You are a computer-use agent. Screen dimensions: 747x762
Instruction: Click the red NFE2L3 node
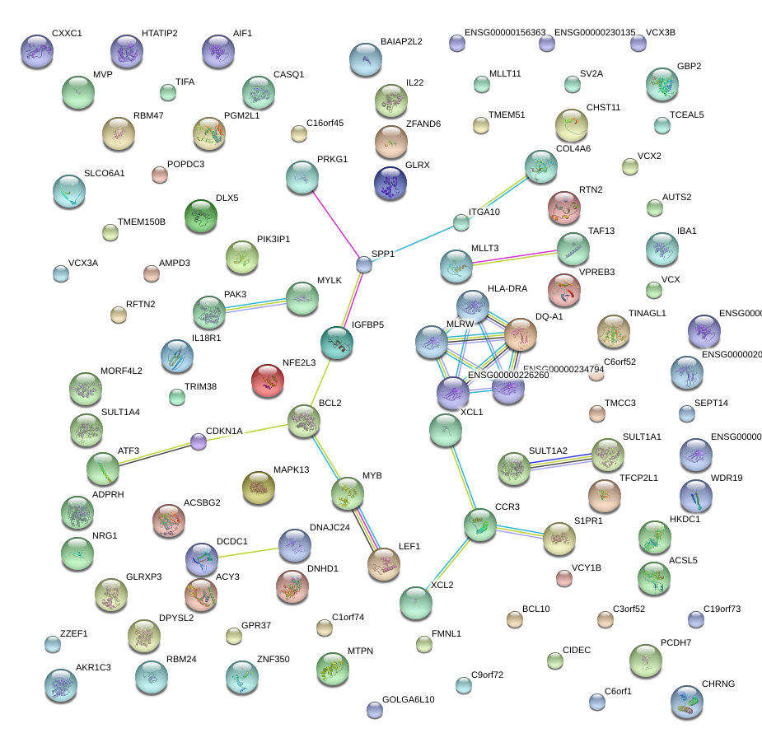(267, 381)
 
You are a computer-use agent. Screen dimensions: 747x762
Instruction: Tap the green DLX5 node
(201, 216)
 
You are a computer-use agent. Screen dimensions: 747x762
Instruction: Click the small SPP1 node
(364, 264)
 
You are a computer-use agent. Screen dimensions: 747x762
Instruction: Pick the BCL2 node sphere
(304, 421)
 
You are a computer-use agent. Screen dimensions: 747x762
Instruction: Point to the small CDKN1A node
(199, 442)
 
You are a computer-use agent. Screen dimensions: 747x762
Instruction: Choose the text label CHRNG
(718, 684)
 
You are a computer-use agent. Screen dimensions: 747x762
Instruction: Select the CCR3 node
(479, 525)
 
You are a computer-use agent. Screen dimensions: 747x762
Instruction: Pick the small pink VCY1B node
(563, 578)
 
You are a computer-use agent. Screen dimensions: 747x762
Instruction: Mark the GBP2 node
(661, 84)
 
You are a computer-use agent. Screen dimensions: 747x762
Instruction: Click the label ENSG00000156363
(505, 33)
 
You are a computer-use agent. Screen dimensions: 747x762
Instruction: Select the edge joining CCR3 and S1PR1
(519, 532)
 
